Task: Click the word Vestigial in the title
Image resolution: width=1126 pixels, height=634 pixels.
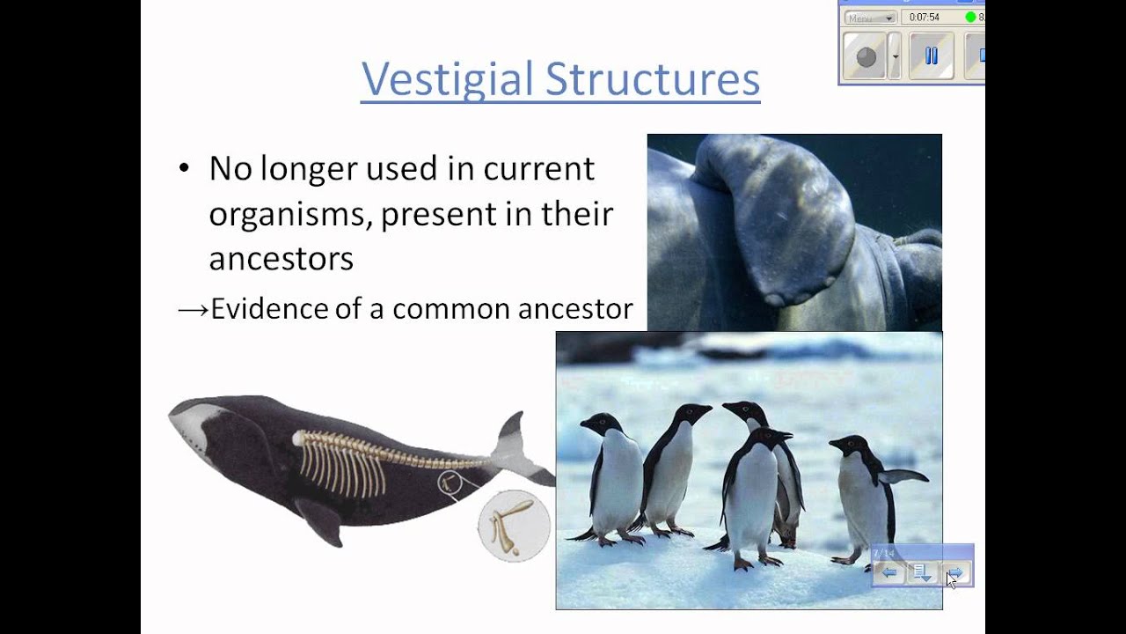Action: [x=448, y=79]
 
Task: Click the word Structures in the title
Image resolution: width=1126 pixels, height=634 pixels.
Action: [x=652, y=79]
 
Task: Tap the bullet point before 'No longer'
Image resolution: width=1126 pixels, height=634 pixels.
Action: [x=183, y=169]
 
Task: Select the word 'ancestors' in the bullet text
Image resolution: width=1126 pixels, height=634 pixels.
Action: [x=281, y=259]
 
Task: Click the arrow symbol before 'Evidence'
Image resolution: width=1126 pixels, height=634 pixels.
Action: [x=193, y=309]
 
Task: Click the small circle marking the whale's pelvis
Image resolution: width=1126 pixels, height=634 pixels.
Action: [x=450, y=482]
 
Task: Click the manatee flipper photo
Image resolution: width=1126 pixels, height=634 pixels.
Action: [x=793, y=232]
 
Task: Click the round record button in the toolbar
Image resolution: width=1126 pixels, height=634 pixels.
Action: [x=866, y=56]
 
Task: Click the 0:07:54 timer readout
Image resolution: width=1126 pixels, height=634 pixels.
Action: [x=925, y=17]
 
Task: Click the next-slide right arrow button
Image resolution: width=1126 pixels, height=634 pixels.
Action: [x=954, y=574]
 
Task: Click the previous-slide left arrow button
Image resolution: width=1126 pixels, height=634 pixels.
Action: [x=889, y=574]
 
